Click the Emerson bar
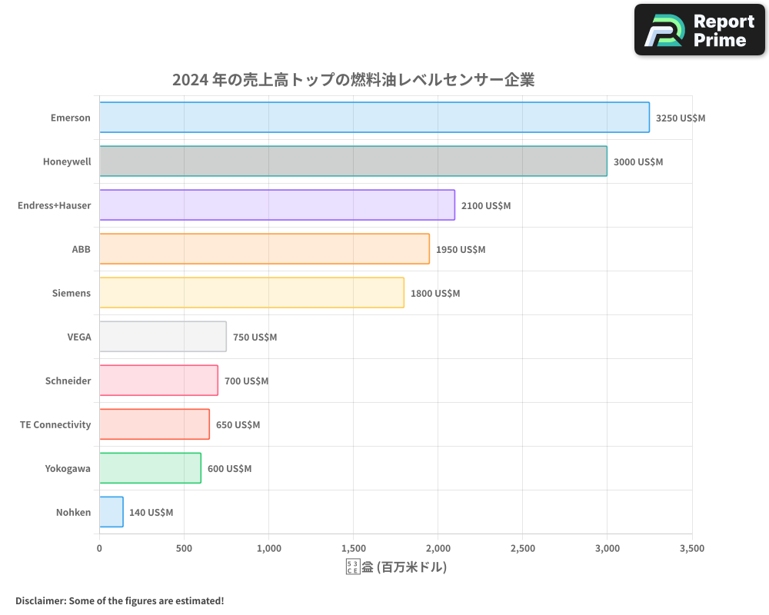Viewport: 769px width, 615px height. [x=374, y=118]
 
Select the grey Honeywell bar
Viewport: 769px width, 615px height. [x=353, y=161]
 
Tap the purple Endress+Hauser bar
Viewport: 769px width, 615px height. [x=277, y=205]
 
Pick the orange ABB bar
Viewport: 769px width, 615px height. [x=264, y=249]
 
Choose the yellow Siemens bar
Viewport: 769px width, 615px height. [x=251, y=293]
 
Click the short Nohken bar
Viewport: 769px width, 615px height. [x=112, y=512]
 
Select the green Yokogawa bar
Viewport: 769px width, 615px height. [x=150, y=468]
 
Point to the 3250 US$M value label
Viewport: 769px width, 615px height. [x=680, y=118]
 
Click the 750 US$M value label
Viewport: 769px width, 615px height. [x=255, y=337]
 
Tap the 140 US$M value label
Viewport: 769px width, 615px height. [x=151, y=513]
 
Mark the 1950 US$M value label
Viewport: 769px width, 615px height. [x=460, y=250]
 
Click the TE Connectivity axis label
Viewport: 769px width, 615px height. [x=55, y=424]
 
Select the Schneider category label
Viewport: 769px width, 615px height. [x=68, y=381]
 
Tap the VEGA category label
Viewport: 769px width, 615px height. [x=78, y=337]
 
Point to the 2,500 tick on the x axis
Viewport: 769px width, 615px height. [x=522, y=549]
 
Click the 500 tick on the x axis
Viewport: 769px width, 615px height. [x=184, y=549]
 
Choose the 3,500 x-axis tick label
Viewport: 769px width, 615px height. [x=691, y=549]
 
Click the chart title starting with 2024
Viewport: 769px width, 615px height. [x=353, y=80]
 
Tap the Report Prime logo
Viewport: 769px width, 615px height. [x=700, y=30]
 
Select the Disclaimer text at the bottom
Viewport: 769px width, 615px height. [x=119, y=600]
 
